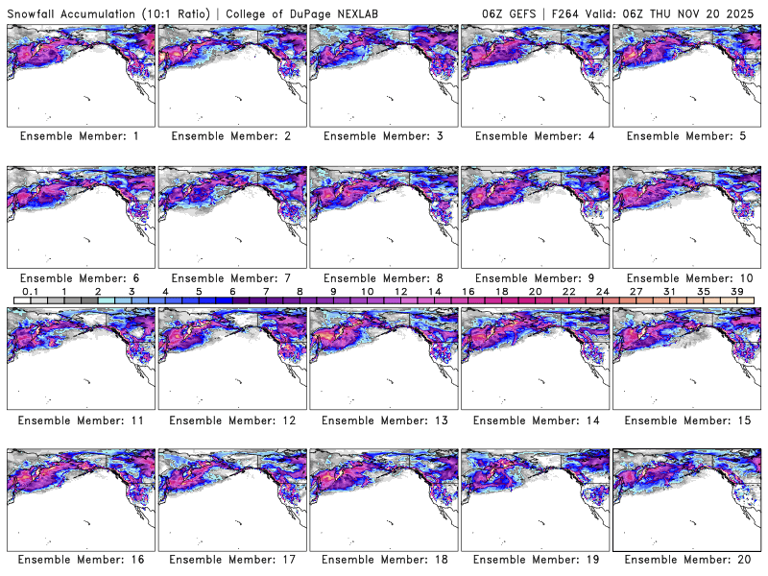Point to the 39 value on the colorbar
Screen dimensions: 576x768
(739, 291)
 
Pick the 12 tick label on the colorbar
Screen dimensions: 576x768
(400, 291)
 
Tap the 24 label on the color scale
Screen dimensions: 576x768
(603, 291)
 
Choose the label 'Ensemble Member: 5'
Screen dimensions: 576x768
(686, 136)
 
